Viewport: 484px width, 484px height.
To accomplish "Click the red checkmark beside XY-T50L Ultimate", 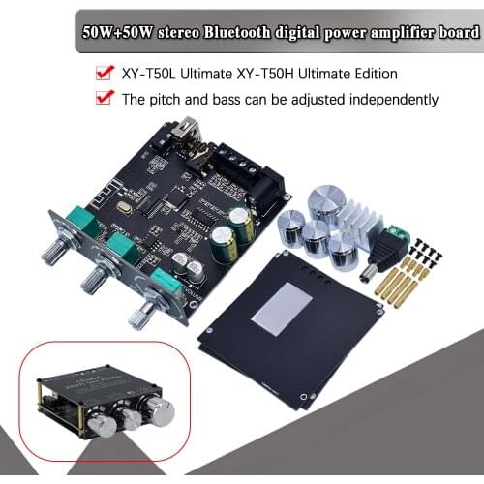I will click(101, 73).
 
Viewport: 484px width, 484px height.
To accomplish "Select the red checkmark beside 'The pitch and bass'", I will click(101, 98).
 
